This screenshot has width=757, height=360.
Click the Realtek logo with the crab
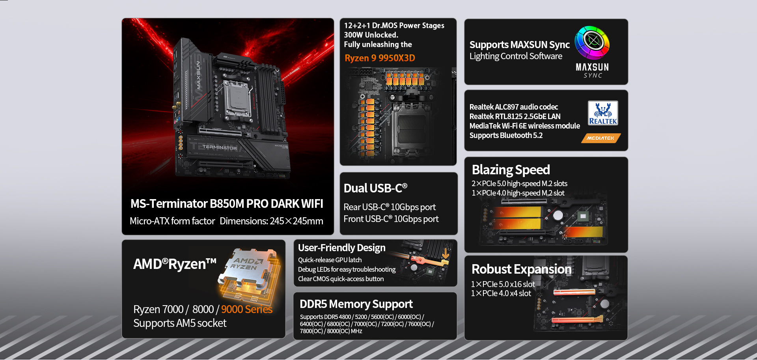pos(603,113)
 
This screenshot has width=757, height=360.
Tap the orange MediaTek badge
pos(601,138)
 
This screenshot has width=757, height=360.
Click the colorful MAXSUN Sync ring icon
pos(592,43)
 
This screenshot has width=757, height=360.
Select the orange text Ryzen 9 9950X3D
pos(380,58)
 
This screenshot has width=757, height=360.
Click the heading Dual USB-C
pos(375,188)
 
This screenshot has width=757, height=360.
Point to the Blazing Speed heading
pos(511,170)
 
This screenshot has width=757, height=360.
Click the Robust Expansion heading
pos(522,269)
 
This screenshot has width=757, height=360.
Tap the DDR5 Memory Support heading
pos(356,304)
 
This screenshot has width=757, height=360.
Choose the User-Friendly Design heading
pos(342,248)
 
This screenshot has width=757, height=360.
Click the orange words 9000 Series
pos(247,309)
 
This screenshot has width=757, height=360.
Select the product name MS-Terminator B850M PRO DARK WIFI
pos(227,203)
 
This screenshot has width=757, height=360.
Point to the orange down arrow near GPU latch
pos(446,254)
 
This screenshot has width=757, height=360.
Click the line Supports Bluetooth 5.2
pos(506,135)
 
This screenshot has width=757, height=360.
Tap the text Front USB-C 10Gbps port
pos(391,219)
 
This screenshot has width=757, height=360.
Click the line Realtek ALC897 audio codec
pos(514,107)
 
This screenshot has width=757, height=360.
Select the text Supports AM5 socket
pos(180,323)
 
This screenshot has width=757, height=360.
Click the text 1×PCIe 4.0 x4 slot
pos(501,293)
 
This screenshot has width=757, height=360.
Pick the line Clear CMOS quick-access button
pos(341,279)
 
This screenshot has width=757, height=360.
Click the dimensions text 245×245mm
pos(296,221)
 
